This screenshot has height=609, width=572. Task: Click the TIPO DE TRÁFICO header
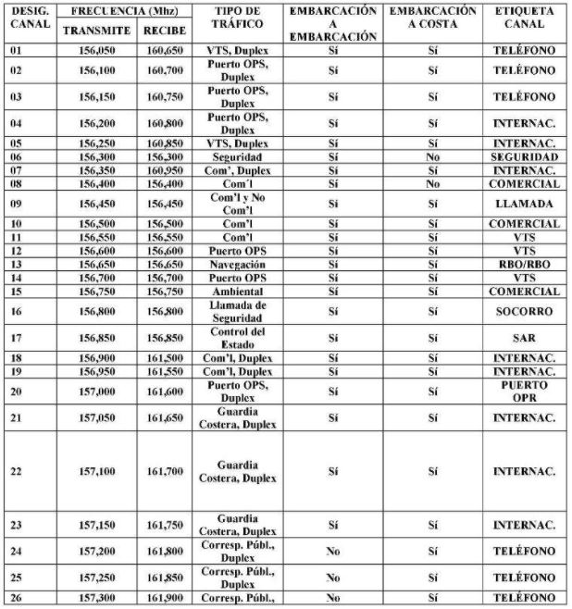pyautogui.click(x=237, y=18)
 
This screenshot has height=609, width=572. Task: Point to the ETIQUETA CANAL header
pyautogui.click(x=524, y=18)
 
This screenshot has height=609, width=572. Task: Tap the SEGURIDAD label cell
pyautogui.click(x=525, y=157)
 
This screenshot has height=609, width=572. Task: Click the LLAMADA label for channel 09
pyautogui.click(x=525, y=204)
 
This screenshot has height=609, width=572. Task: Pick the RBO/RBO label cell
pyautogui.click(x=525, y=264)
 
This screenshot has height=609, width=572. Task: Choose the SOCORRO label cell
pyautogui.click(x=525, y=312)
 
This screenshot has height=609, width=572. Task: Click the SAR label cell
pyautogui.click(x=525, y=338)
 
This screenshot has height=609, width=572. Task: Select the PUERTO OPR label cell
pyautogui.click(x=525, y=391)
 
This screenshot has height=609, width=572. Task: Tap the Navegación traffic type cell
pyautogui.click(x=238, y=264)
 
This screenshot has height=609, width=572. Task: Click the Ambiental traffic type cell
pyautogui.click(x=238, y=291)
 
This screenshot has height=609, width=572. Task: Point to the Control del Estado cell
pyautogui.click(x=238, y=338)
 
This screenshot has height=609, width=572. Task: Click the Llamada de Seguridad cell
pyautogui.click(x=238, y=312)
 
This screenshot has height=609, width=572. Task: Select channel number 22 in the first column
pyautogui.click(x=16, y=471)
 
